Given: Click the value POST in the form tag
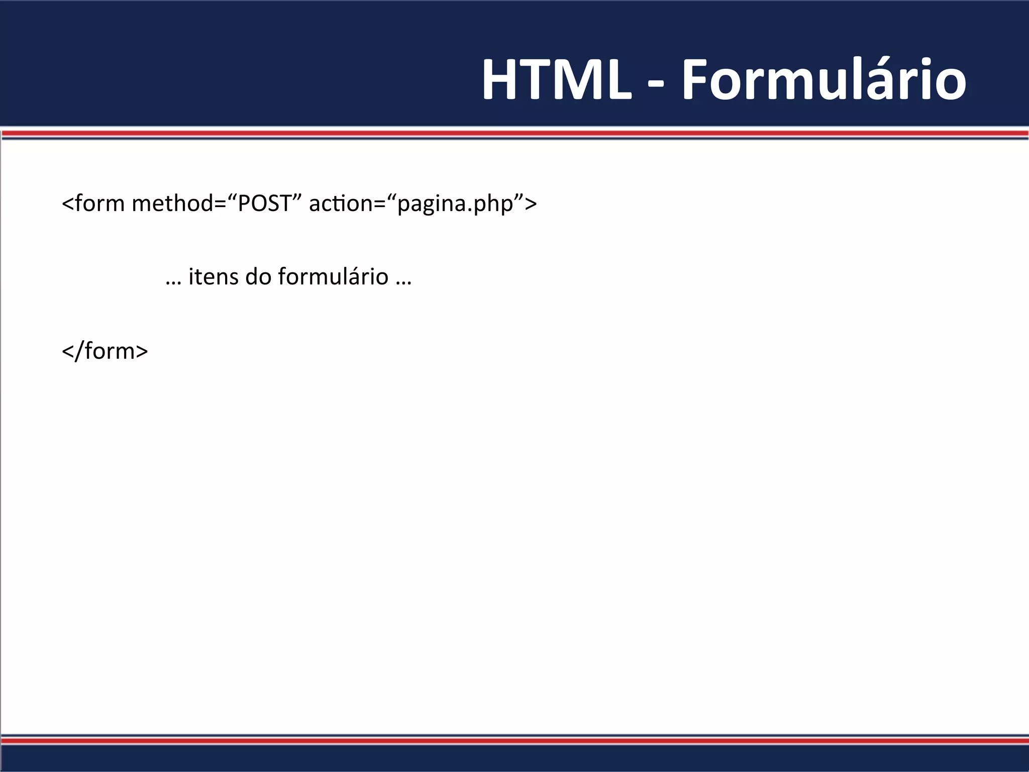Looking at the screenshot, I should (x=264, y=203).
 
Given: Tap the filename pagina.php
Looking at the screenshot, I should (x=455, y=204).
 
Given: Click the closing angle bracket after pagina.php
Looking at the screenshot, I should (x=531, y=204).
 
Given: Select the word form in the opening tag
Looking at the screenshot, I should (x=100, y=203).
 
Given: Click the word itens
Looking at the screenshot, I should (x=213, y=276).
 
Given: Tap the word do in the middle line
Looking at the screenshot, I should (x=258, y=276).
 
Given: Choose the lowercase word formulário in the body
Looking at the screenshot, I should (x=333, y=276).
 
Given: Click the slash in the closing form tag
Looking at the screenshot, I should (x=79, y=350).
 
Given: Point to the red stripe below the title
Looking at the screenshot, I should (x=514, y=133).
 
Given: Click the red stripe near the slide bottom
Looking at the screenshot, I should (x=514, y=741).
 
